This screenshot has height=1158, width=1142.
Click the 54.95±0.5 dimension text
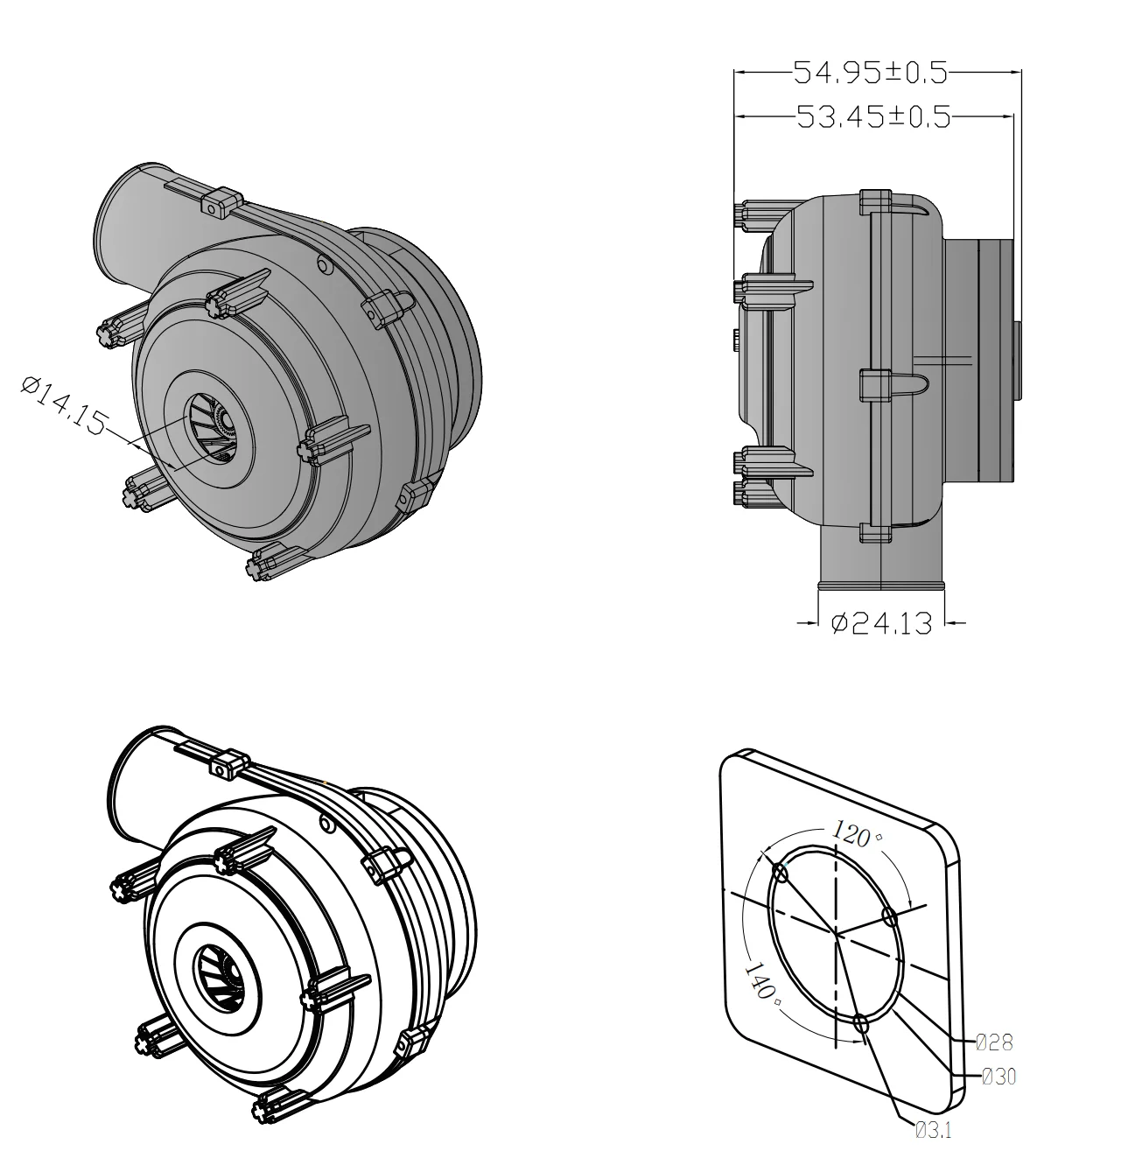[870, 73]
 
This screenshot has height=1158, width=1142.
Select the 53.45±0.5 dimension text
[873, 116]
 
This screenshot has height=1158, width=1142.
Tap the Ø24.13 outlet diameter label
[880, 623]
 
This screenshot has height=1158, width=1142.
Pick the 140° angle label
[760, 981]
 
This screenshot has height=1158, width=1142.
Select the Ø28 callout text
[994, 1042]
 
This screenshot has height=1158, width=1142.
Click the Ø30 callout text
[998, 1077]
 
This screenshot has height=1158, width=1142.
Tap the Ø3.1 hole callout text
[933, 1130]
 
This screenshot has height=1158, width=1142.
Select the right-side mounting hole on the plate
[890, 917]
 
